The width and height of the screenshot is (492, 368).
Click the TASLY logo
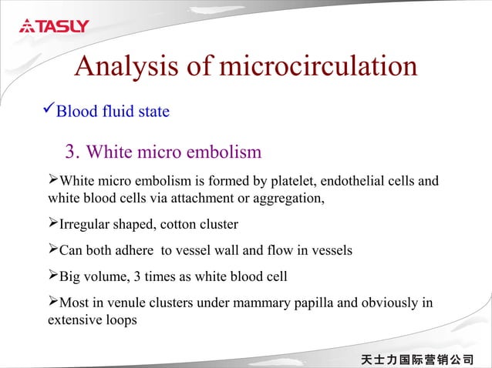click(54, 26)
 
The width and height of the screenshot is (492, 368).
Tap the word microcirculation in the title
click(318, 67)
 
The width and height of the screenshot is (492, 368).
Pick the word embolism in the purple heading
click(225, 152)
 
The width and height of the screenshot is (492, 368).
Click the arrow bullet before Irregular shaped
click(53, 224)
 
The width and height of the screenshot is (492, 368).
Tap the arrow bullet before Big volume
click(53, 276)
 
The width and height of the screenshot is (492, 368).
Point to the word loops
click(120, 319)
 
